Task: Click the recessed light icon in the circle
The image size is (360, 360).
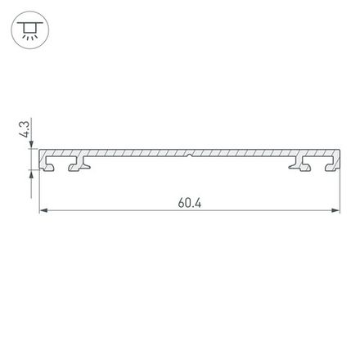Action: click(29, 32)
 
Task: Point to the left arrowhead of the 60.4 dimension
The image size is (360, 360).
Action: click(44, 212)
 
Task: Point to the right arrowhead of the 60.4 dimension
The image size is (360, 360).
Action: click(336, 212)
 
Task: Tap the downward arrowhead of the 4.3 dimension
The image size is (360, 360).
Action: click(34, 147)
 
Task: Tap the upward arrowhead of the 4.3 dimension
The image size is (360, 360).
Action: click(34, 173)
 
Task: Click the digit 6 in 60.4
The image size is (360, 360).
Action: click(179, 202)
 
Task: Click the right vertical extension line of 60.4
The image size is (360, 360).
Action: click(340, 192)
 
